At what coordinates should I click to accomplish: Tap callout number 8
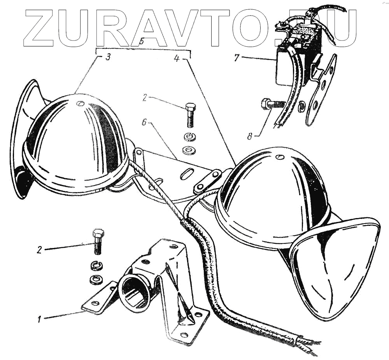pos(249,136)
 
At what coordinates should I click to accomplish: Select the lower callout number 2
pos(39,249)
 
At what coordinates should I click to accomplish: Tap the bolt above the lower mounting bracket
pos(97,241)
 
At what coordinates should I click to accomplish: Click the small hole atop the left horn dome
pos(80,103)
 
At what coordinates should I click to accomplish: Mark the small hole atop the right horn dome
pos(279,157)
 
